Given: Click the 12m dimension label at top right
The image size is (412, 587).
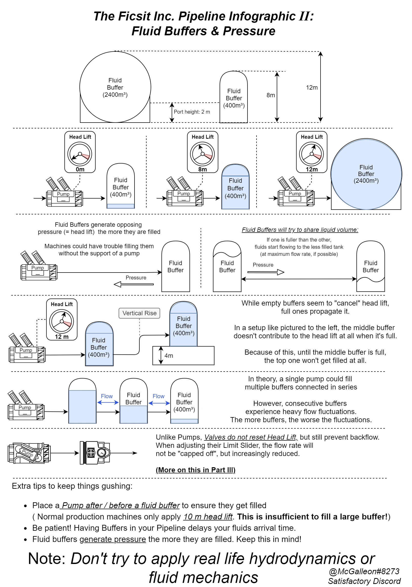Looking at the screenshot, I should coord(312,88).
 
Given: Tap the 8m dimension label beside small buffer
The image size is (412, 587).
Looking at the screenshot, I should coord(271,95).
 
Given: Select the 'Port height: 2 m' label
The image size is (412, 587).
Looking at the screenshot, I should coord(192,112).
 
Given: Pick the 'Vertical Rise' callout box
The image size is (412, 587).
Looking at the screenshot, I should coord(139,313).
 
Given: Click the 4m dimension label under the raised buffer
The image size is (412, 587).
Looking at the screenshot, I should coord(169,356).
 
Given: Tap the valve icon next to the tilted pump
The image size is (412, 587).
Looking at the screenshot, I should coord(95,453).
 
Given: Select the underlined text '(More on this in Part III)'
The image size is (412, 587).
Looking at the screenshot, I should coord(195,470).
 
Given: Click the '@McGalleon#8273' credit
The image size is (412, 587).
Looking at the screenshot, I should coord(364,571).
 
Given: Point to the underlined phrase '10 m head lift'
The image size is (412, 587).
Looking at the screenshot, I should coord(208,517).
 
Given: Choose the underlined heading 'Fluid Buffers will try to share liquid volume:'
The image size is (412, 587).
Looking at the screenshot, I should coord(300,230).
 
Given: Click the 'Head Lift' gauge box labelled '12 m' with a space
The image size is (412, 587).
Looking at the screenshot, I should coord(62,320).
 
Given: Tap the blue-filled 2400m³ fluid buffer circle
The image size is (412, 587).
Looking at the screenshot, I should coord(366,174).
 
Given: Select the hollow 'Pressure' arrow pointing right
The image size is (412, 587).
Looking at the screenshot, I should coord(266,272).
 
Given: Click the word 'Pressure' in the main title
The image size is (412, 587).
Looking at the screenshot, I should coord(249,31).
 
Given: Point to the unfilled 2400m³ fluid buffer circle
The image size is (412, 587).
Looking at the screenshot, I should coord(115,87).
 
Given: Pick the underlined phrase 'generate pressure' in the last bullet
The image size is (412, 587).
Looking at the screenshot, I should coord(113,539).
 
